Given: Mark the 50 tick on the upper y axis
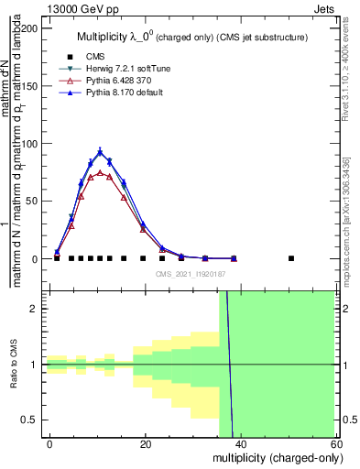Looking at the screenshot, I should tap(33, 202).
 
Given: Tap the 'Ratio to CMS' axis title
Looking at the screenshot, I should tap(13, 365).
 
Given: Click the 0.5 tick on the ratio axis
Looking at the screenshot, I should tap(31, 420).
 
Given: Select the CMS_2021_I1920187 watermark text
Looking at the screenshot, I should tap(190, 274).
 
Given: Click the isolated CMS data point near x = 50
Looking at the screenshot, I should tap(291, 258).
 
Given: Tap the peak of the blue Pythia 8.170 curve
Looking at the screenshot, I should tap(100, 152).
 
